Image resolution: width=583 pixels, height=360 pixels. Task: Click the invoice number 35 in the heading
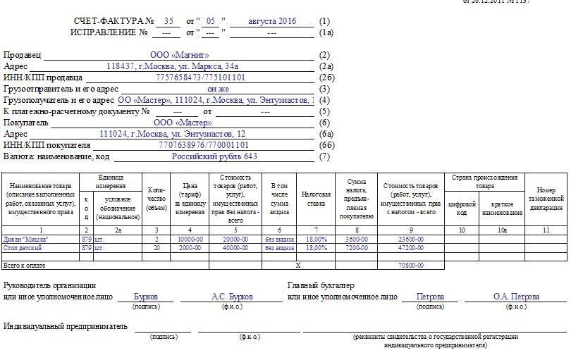(168, 21)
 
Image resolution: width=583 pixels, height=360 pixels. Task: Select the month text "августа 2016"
(272, 21)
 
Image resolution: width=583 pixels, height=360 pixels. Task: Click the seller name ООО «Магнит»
(180, 54)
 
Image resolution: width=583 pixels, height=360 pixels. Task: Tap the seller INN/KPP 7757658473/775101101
(200, 77)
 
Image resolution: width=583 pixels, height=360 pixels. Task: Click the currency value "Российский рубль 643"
(215, 156)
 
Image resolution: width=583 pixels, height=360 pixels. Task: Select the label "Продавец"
(23, 55)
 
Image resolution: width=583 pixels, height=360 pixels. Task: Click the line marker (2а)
(325, 66)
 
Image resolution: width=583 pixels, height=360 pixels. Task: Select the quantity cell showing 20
(157, 248)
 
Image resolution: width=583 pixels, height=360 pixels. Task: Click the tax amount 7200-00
(356, 248)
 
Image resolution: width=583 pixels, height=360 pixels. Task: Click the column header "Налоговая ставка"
(315, 197)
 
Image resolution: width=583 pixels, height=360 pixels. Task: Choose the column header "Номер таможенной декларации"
(551, 199)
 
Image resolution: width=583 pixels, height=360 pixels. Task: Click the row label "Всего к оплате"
(20, 266)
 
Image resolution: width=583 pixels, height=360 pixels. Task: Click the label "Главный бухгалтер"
(321, 285)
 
